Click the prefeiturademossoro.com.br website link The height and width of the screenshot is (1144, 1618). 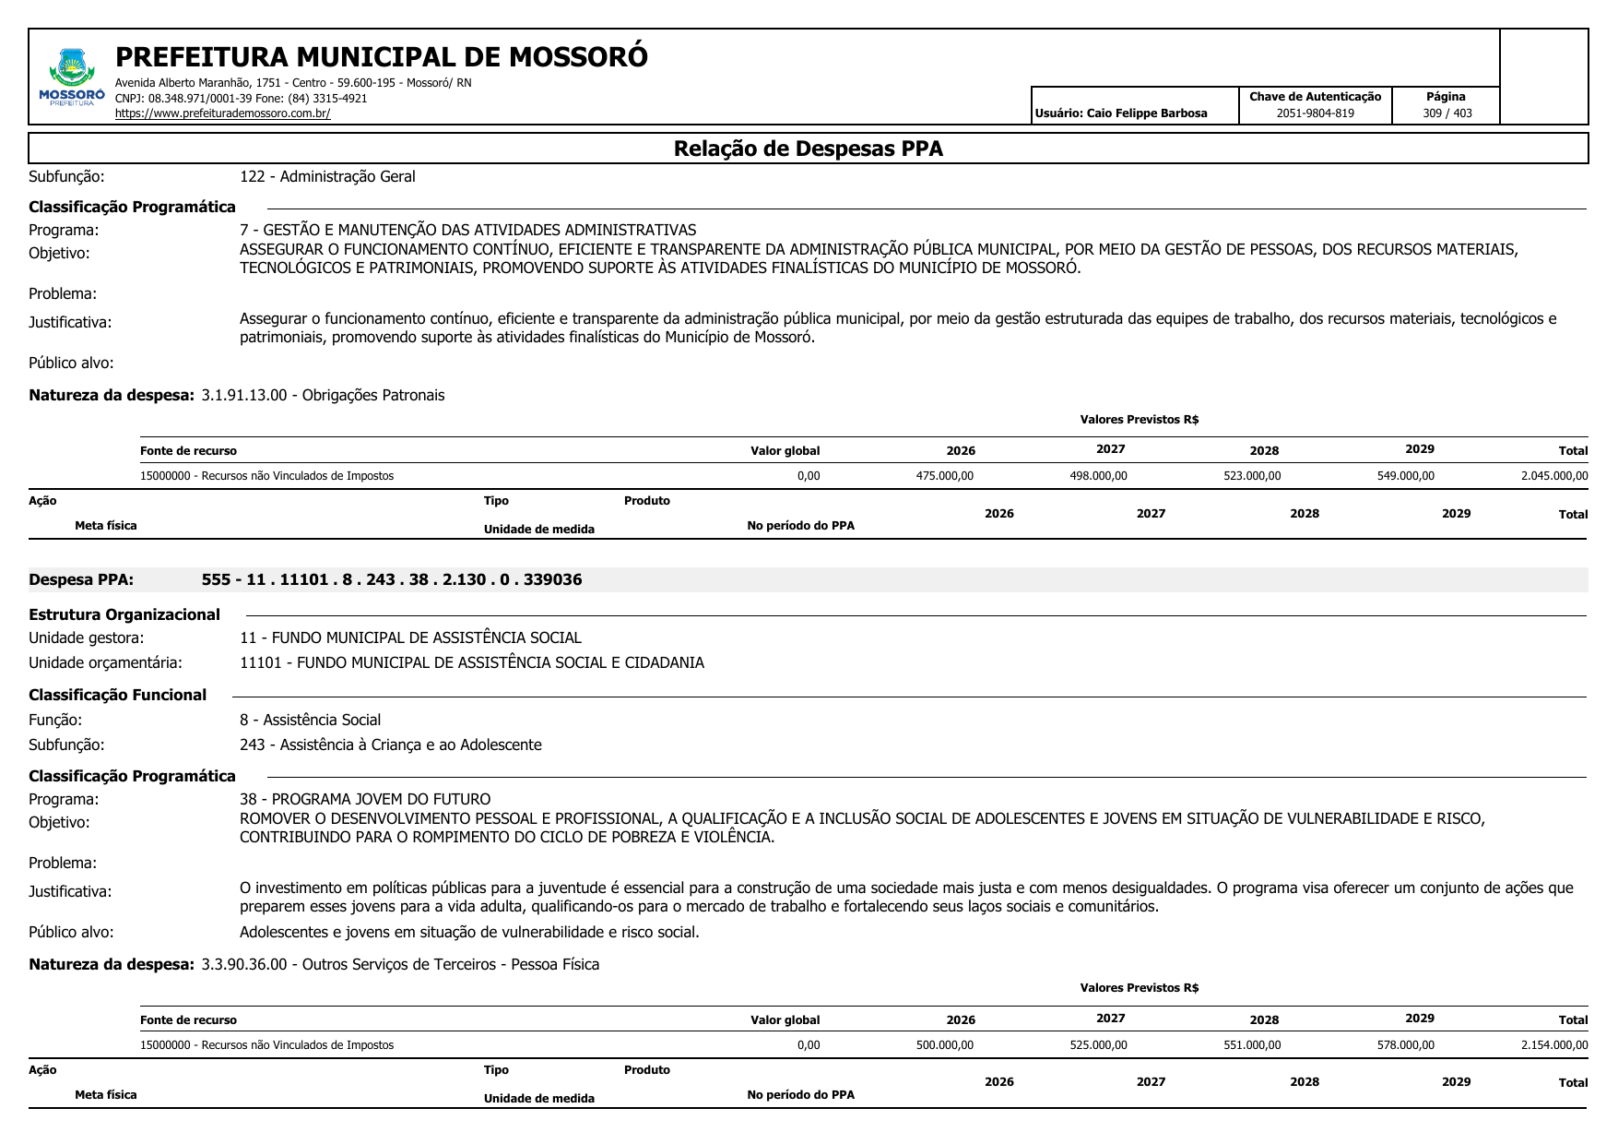222,113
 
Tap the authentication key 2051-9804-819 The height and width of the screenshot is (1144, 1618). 1315,113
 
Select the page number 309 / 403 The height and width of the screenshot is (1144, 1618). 1447,113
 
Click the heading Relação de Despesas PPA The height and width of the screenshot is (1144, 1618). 808,149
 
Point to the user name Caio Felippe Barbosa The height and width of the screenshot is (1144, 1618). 1146,113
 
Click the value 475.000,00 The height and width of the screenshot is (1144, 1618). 944,476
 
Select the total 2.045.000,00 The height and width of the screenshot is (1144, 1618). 1553,476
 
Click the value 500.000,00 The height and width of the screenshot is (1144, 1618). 944,1045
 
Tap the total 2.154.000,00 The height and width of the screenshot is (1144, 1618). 1553,1045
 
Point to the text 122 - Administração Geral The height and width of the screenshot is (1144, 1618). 327,177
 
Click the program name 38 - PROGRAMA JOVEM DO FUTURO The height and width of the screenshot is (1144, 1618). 365,799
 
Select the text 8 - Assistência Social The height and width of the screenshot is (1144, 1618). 310,720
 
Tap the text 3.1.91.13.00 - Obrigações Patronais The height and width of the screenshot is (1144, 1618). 323,396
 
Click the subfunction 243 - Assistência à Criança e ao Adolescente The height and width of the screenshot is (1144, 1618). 390,745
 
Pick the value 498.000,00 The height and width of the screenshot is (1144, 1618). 1098,476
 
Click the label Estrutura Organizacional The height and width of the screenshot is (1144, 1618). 124,615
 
